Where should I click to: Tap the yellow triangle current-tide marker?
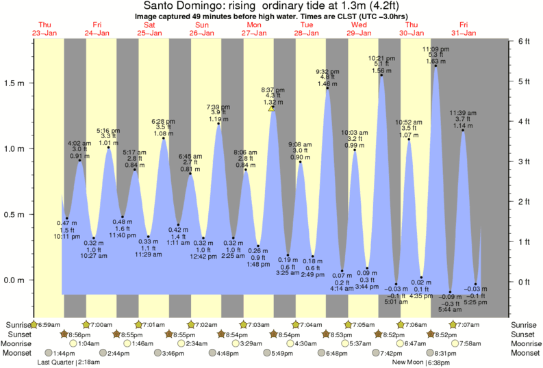point(272,108)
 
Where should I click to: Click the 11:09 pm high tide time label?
point(435,49)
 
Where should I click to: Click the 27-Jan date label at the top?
point(254,32)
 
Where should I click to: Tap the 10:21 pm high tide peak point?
point(381,75)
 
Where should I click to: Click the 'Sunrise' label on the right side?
point(524,324)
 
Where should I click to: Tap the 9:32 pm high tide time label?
point(327,71)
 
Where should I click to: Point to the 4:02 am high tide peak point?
point(80,160)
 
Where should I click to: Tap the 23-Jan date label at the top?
point(45,32)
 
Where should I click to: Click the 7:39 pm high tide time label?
point(218,107)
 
